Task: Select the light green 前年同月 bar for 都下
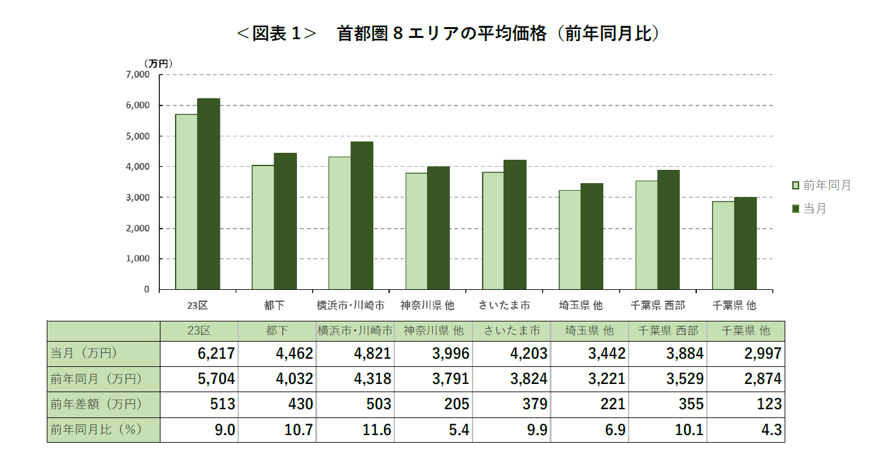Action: pos(263,227)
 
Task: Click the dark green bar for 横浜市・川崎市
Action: pos(362,215)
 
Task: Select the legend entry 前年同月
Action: pos(821,185)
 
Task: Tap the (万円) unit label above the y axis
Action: pos(157,63)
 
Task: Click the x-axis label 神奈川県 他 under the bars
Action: pos(427,305)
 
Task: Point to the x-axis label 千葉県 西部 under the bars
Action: pos(658,305)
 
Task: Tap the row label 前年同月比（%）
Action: pos(96,429)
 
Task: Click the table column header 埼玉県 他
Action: pos(589,330)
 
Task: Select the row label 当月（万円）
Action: pos(84,354)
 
